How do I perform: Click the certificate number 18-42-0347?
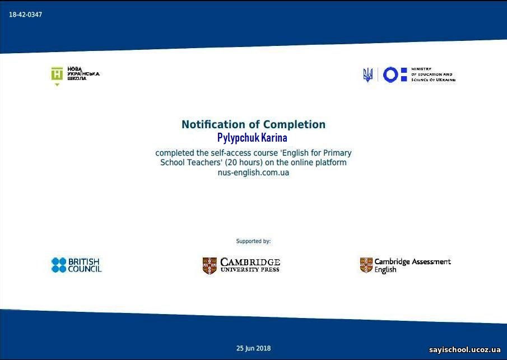[x=26, y=15]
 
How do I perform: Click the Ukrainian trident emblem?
[x=368, y=75]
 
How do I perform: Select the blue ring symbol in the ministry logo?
[x=390, y=74]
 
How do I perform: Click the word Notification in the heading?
[x=213, y=124]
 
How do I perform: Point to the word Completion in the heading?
[x=294, y=124]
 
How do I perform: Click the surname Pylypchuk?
[x=238, y=138]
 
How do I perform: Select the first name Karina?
[x=274, y=138]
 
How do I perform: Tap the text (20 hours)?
[x=244, y=162]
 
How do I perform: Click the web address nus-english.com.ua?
[x=253, y=172]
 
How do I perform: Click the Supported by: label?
[x=253, y=241]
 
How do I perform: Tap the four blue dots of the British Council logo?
[x=59, y=265]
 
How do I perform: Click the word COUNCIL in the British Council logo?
[x=85, y=269]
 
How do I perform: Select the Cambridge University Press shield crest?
[x=210, y=265]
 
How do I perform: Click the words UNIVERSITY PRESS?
[x=250, y=269]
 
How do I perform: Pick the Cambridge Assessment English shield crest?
[x=366, y=265]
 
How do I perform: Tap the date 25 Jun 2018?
[x=253, y=348]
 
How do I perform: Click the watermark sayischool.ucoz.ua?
[x=465, y=350]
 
